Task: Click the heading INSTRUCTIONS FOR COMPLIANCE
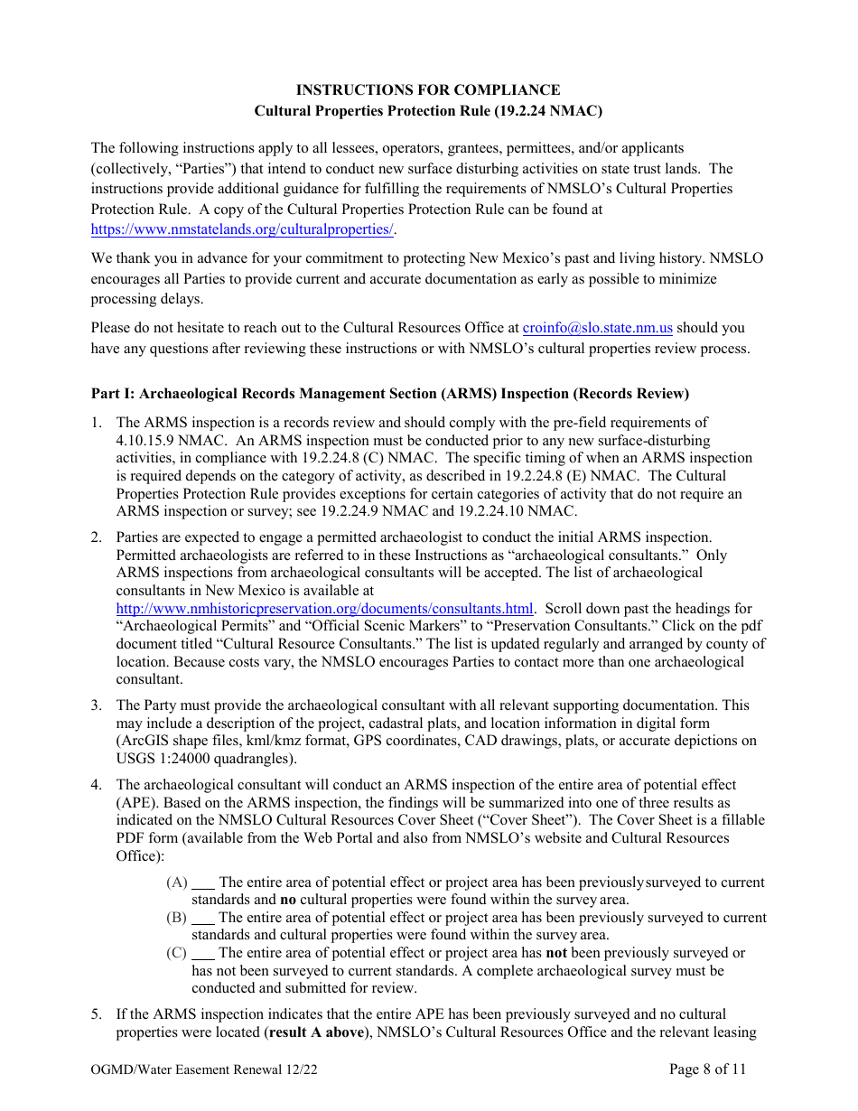click(428, 90)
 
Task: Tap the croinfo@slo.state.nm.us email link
click(597, 329)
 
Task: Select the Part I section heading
click(389, 394)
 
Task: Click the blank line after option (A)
click(204, 882)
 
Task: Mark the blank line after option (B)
click(204, 918)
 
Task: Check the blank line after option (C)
click(204, 953)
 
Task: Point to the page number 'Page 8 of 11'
click(708, 1070)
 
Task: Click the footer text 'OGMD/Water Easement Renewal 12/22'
click(204, 1070)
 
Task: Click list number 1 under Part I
click(96, 423)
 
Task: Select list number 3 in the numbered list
click(96, 705)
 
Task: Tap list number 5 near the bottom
click(96, 1015)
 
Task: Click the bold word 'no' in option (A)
click(288, 900)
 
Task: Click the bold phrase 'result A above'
click(315, 1032)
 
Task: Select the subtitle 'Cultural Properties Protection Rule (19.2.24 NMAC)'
click(428, 112)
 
